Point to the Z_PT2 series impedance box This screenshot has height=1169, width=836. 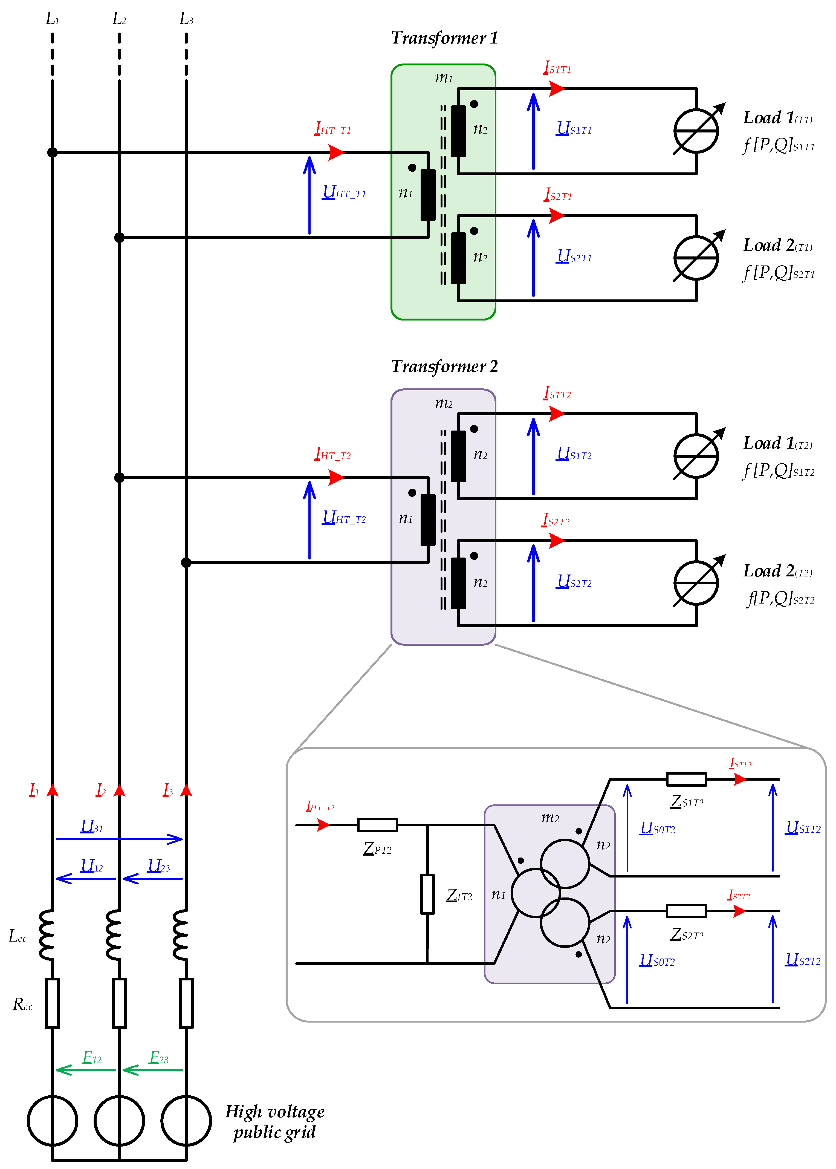(x=377, y=825)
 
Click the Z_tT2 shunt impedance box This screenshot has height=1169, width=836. (x=427, y=894)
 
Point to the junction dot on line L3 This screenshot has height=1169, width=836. (x=186, y=563)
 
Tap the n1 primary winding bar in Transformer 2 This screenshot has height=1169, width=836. (x=428, y=520)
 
